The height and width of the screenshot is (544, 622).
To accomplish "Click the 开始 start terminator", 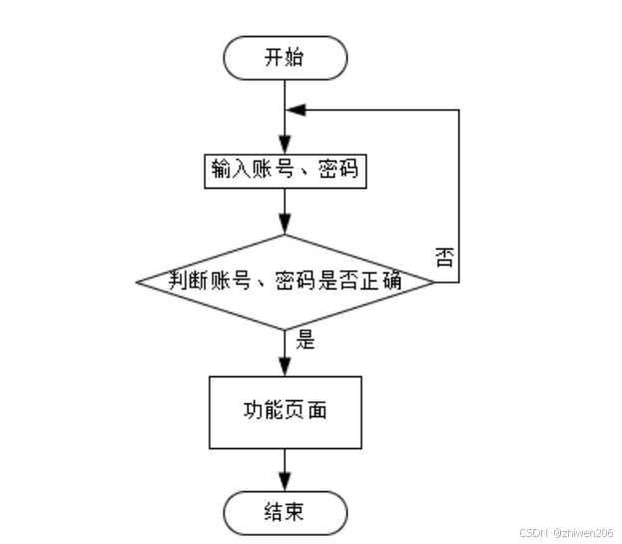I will (286, 57).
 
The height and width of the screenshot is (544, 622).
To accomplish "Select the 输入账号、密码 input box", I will (285, 171).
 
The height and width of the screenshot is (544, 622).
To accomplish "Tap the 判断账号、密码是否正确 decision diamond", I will (286, 281).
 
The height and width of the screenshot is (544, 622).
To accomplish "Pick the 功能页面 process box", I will (286, 411).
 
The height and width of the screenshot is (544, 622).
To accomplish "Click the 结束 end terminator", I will (286, 513).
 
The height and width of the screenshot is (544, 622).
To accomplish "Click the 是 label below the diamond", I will (306, 340).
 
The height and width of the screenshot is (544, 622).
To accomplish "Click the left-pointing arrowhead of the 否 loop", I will (295, 110).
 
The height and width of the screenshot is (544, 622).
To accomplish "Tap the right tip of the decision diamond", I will (434, 281).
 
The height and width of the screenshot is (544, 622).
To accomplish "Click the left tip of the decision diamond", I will (138, 281).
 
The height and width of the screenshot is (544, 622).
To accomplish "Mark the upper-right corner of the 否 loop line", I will (458, 110).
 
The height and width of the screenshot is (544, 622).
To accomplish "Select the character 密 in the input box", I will (328, 171).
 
